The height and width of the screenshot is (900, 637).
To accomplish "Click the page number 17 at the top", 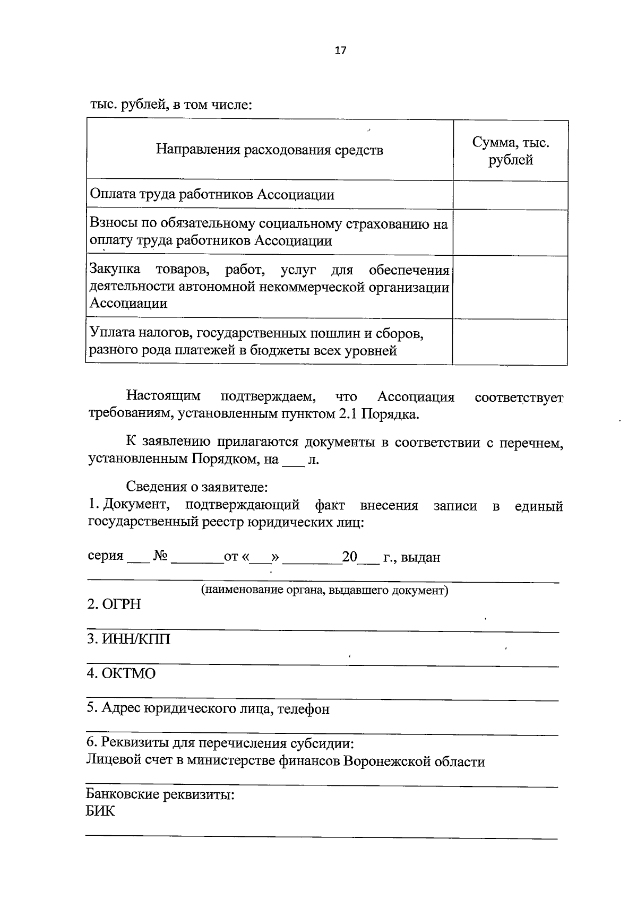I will [340, 50].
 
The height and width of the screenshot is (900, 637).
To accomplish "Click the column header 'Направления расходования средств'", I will [269, 150].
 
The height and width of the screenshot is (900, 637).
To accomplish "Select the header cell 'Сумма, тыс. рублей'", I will [510, 151].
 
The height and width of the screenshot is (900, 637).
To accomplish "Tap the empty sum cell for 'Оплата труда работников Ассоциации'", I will [510, 195].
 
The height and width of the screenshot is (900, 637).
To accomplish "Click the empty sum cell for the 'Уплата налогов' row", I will [510, 342].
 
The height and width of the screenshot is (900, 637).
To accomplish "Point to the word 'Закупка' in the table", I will [115, 270].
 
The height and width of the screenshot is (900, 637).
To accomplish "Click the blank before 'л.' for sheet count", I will [293, 460].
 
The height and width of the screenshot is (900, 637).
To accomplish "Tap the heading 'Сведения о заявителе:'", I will [196, 486].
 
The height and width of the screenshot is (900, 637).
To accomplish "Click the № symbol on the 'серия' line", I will [160, 557].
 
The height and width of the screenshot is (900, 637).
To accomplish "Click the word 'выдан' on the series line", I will [420, 558].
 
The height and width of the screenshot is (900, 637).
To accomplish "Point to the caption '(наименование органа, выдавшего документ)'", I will [324, 590].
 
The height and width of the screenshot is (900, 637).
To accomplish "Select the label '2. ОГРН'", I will [114, 604].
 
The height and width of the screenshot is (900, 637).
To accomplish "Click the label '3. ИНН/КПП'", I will [128, 639].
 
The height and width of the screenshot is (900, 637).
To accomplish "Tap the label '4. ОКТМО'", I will [122, 673].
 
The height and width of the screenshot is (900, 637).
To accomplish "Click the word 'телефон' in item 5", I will [303, 708].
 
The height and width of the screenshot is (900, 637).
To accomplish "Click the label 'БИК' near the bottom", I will [100, 811].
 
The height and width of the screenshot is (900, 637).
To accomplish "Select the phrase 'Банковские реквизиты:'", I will [160, 795].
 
